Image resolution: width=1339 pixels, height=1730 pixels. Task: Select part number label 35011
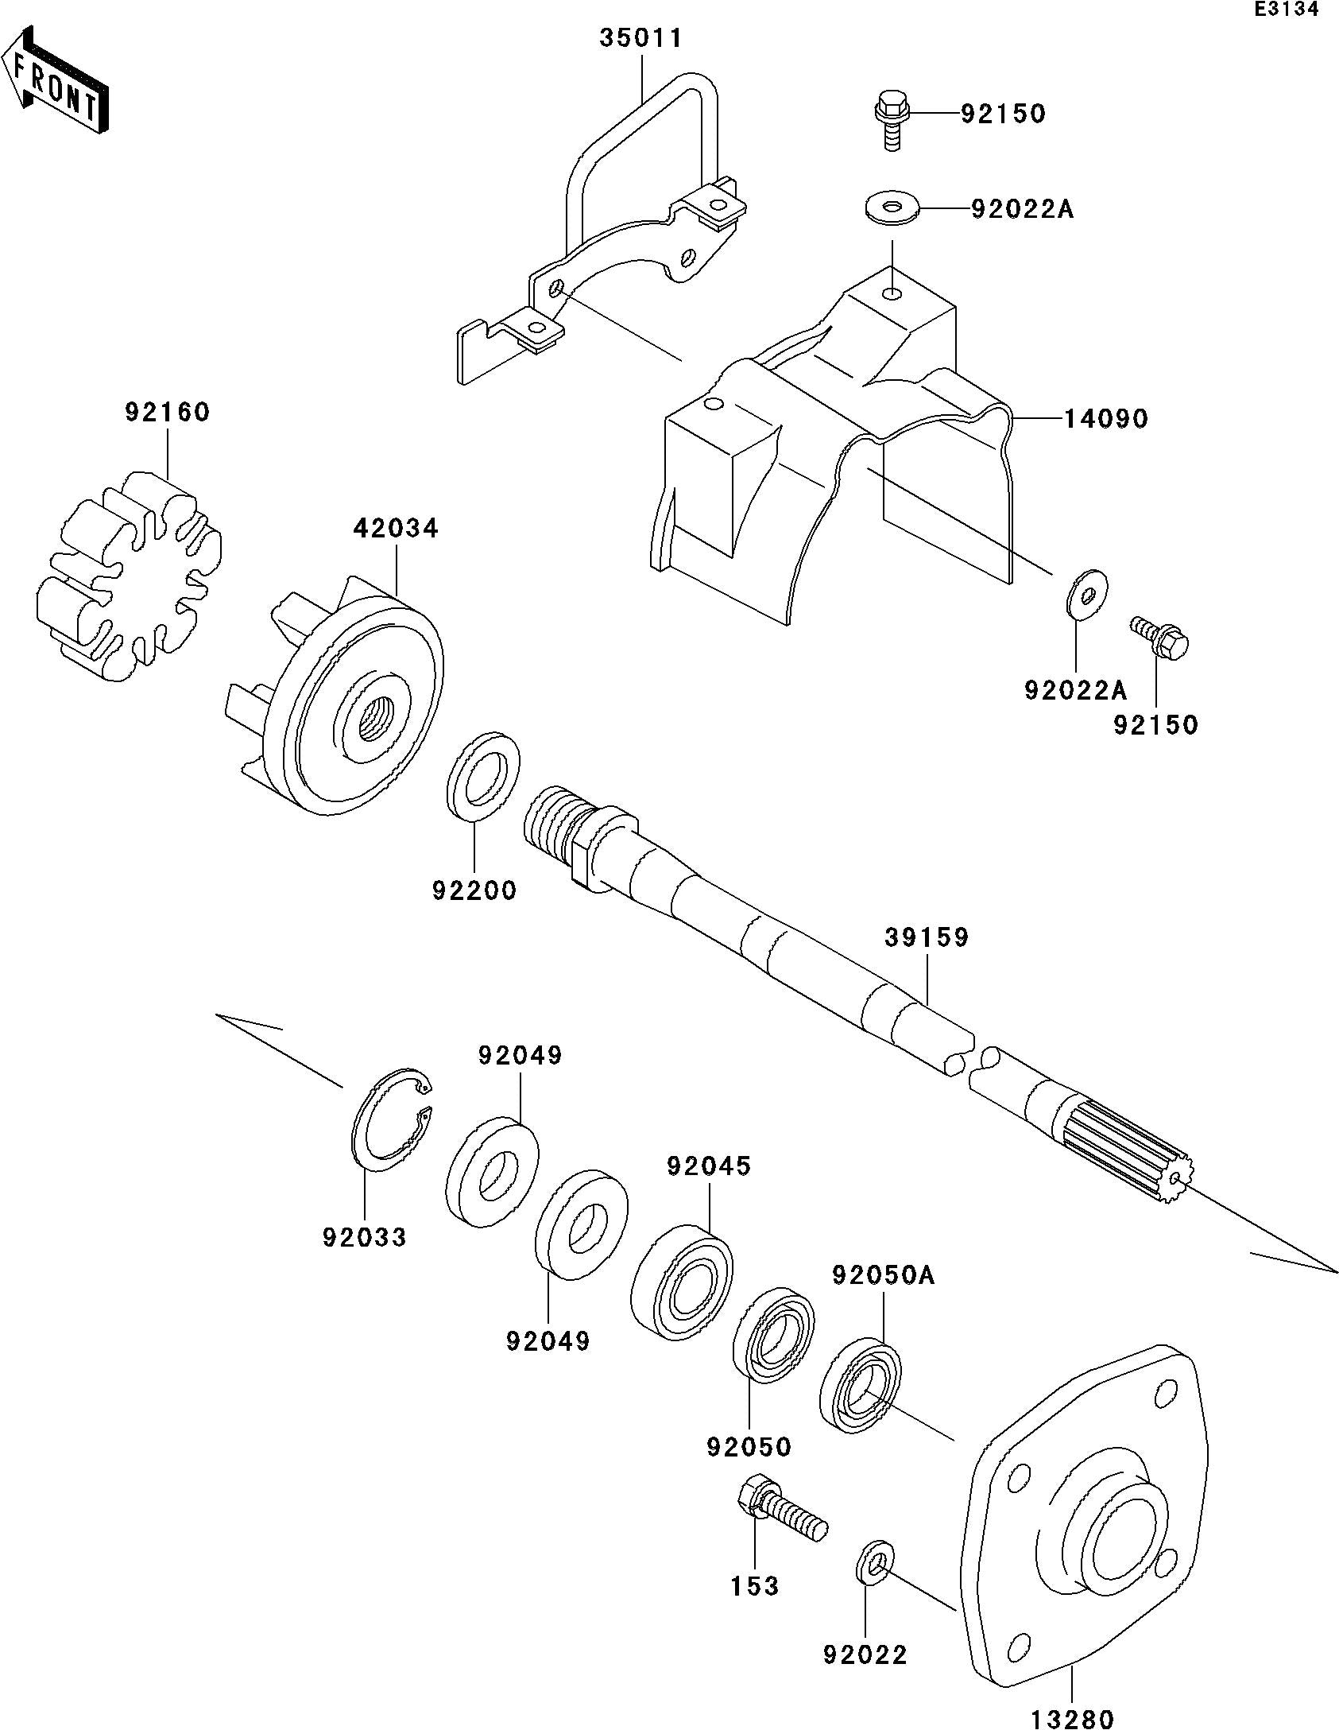pyautogui.click(x=640, y=39)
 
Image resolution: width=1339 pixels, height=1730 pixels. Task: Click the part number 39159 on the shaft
pyautogui.click(x=927, y=937)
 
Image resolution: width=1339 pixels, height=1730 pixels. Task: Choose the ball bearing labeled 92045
pyautogui.click(x=681, y=1295)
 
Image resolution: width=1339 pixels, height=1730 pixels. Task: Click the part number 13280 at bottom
pyautogui.click(x=1073, y=1719)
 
